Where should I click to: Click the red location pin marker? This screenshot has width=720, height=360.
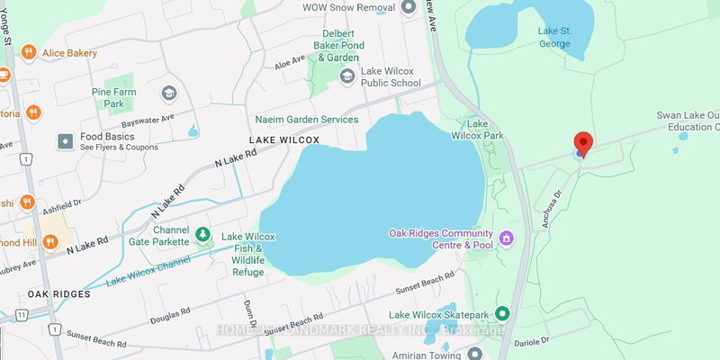[583, 143]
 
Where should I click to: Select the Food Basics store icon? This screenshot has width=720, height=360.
[65, 141]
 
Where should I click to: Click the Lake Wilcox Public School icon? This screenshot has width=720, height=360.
[346, 76]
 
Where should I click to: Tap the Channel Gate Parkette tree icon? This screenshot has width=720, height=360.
[203, 235]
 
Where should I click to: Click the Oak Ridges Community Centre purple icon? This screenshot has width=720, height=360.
[507, 238]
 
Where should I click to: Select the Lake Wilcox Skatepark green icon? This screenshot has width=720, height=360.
[502, 314]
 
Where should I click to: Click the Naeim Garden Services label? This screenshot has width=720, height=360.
[306, 119]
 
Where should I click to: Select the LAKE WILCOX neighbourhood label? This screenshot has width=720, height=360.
[284, 141]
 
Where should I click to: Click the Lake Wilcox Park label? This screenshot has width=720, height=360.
[484, 129]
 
